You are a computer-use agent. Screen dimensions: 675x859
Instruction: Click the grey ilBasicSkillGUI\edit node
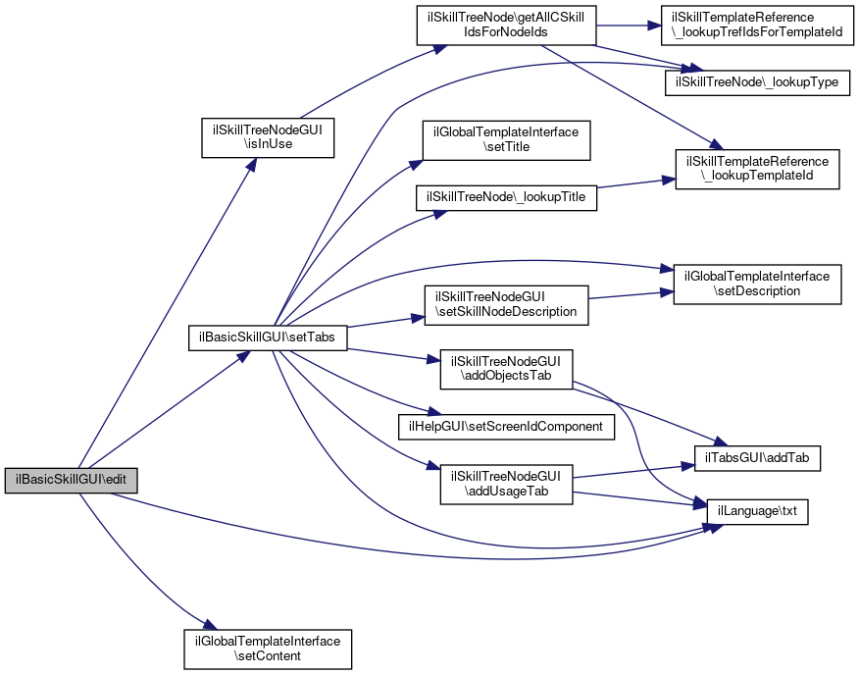click(71, 481)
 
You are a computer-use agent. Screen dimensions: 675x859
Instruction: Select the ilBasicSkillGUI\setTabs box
click(267, 337)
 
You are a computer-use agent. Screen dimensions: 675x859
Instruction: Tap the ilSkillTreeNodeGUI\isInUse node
click(268, 136)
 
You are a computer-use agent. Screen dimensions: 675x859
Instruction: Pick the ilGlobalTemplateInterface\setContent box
click(268, 648)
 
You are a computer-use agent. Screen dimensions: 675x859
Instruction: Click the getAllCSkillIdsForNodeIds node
click(505, 25)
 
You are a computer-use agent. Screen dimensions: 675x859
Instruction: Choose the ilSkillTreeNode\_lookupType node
click(757, 82)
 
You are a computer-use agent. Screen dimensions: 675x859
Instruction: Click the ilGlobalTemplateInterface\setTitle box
click(505, 139)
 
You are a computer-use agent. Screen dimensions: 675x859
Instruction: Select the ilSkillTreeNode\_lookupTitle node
click(506, 197)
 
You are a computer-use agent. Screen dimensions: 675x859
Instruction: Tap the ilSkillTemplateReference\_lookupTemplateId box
click(757, 169)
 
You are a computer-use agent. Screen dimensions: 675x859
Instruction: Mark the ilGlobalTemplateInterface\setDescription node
click(756, 284)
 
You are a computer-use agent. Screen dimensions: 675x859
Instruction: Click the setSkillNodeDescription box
click(505, 305)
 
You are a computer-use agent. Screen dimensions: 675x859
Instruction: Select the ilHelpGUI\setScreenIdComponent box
click(506, 427)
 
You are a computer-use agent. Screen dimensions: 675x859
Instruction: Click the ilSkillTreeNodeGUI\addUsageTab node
click(506, 485)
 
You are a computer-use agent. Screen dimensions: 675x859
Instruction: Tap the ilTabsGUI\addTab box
click(757, 456)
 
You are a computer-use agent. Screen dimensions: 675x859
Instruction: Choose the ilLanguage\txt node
click(757, 511)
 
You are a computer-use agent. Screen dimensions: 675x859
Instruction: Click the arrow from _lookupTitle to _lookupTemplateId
click(632, 183)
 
